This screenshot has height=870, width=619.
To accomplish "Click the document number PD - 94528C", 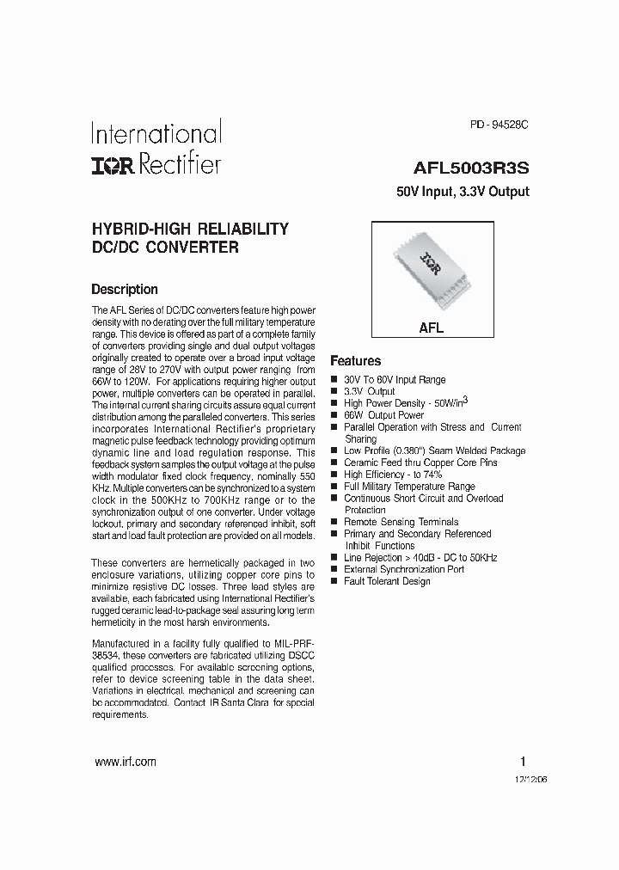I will point(499,125).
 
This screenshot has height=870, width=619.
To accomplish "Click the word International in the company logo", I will point(156,133).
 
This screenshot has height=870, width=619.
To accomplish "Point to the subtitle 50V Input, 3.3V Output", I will point(463,192).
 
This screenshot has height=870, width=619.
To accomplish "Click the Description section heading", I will point(125,290).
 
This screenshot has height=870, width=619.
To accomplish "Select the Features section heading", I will point(356,361).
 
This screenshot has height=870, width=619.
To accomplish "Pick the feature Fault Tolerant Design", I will point(387,581).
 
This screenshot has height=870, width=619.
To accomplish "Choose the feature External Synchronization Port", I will point(404,569).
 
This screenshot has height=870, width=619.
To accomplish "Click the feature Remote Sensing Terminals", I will point(401,522).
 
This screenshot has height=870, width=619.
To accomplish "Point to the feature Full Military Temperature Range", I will point(409,487).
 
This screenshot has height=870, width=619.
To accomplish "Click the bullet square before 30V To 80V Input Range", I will point(334,380).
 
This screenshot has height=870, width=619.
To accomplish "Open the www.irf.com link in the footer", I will point(125,762).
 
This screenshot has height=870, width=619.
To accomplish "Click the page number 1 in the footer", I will point(523,762).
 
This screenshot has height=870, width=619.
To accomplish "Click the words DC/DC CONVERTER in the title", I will point(164,248).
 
